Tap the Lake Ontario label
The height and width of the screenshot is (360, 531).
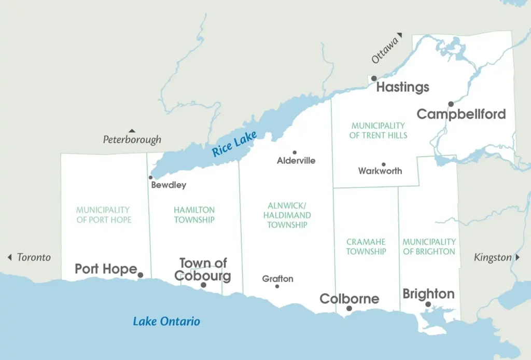[166, 321]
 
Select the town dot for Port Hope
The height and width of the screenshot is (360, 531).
[140, 275]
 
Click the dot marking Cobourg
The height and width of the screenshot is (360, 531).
[203, 285]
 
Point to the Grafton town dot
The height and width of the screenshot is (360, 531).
[277, 286]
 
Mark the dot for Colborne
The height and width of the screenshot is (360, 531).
[349, 309]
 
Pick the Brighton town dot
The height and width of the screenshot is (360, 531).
[428, 304]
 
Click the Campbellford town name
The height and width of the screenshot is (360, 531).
[461, 114]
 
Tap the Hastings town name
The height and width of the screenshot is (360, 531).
[402, 87]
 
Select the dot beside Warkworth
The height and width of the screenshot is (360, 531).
[383, 164]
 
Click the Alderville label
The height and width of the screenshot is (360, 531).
[296, 161]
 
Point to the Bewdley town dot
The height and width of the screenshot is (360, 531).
[151, 177]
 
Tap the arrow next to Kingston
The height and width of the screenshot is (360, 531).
[517, 258]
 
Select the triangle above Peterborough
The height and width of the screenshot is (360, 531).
[132, 131]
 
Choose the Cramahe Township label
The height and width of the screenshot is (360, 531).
[366, 246]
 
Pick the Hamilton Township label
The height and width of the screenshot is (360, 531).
[194, 215]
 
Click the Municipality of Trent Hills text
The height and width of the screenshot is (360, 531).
[378, 130]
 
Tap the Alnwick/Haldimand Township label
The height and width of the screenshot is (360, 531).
[287, 215]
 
